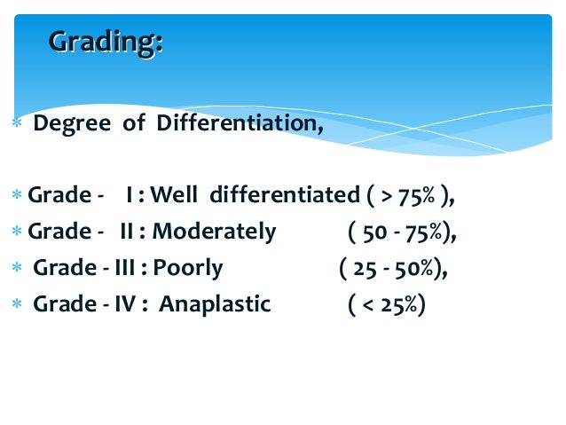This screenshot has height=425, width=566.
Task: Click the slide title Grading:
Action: click(x=106, y=42)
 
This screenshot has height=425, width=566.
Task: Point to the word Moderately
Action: click(x=214, y=232)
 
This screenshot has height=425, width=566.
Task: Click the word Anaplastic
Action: click(x=216, y=304)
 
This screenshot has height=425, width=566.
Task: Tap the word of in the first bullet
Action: click(x=133, y=122)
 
